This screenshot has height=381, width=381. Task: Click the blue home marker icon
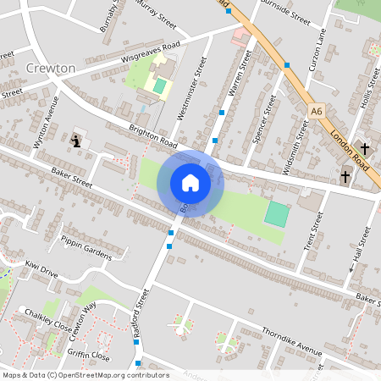coord(190,182)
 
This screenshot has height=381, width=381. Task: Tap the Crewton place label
coord(51,67)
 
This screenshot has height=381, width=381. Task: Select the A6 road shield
coord(317,110)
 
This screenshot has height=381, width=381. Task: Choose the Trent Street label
coord(312,231)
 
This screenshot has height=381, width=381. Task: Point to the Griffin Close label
coord(90,356)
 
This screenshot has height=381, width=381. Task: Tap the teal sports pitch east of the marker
coord(276,213)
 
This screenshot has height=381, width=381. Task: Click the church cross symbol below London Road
coord(345,177)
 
